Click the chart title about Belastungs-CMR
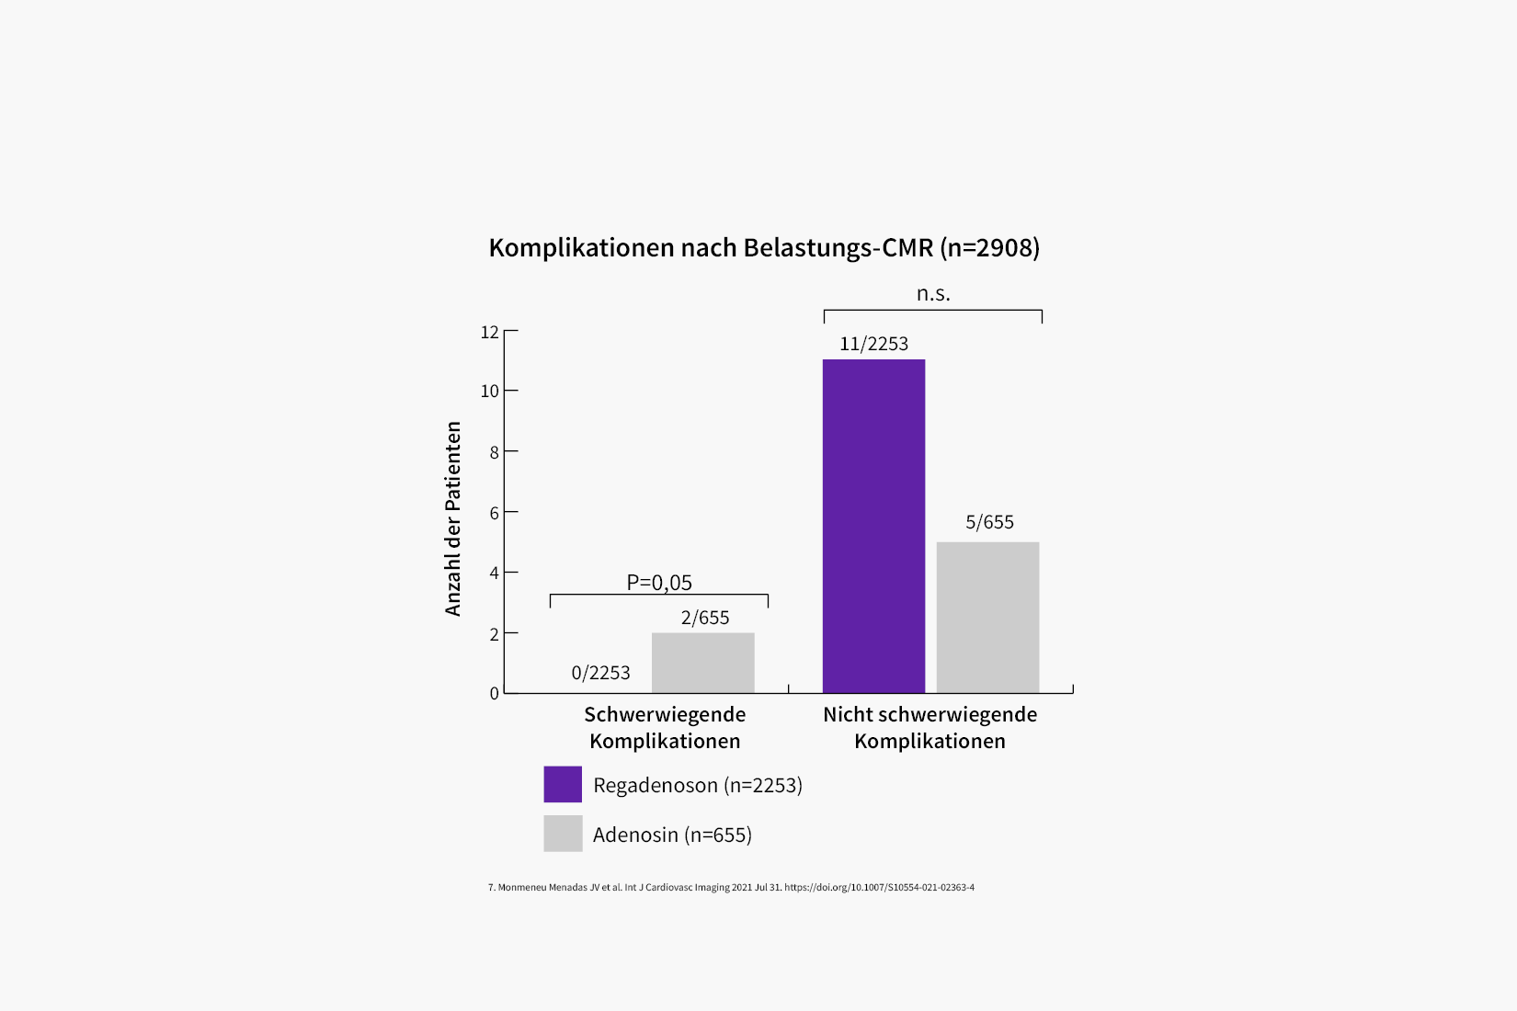pyautogui.click(x=764, y=248)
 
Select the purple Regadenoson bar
pyautogui.click(x=873, y=526)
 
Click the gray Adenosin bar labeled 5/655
pyautogui.click(x=987, y=617)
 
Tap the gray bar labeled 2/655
pyautogui.click(x=702, y=663)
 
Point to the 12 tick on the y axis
pyautogui.click(x=490, y=332)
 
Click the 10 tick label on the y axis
pyautogui.click(x=490, y=392)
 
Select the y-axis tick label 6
pyautogui.click(x=495, y=513)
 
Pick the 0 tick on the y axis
pyautogui.click(x=495, y=694)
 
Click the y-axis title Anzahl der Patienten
pyautogui.click(x=453, y=518)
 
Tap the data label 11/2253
pyautogui.click(x=873, y=345)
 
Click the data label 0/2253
pyautogui.click(x=600, y=673)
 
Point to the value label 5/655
pyautogui.click(x=989, y=523)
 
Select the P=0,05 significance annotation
pyautogui.click(x=659, y=583)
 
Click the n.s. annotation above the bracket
pyautogui.click(x=933, y=294)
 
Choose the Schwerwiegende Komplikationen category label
pyautogui.click(x=665, y=728)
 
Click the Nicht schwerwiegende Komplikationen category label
pyautogui.click(x=930, y=728)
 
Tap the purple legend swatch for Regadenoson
pyautogui.click(x=563, y=785)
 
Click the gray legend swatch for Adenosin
pyautogui.click(x=563, y=834)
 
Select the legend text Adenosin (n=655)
pyautogui.click(x=672, y=835)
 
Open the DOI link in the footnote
pyautogui.click(x=879, y=888)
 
